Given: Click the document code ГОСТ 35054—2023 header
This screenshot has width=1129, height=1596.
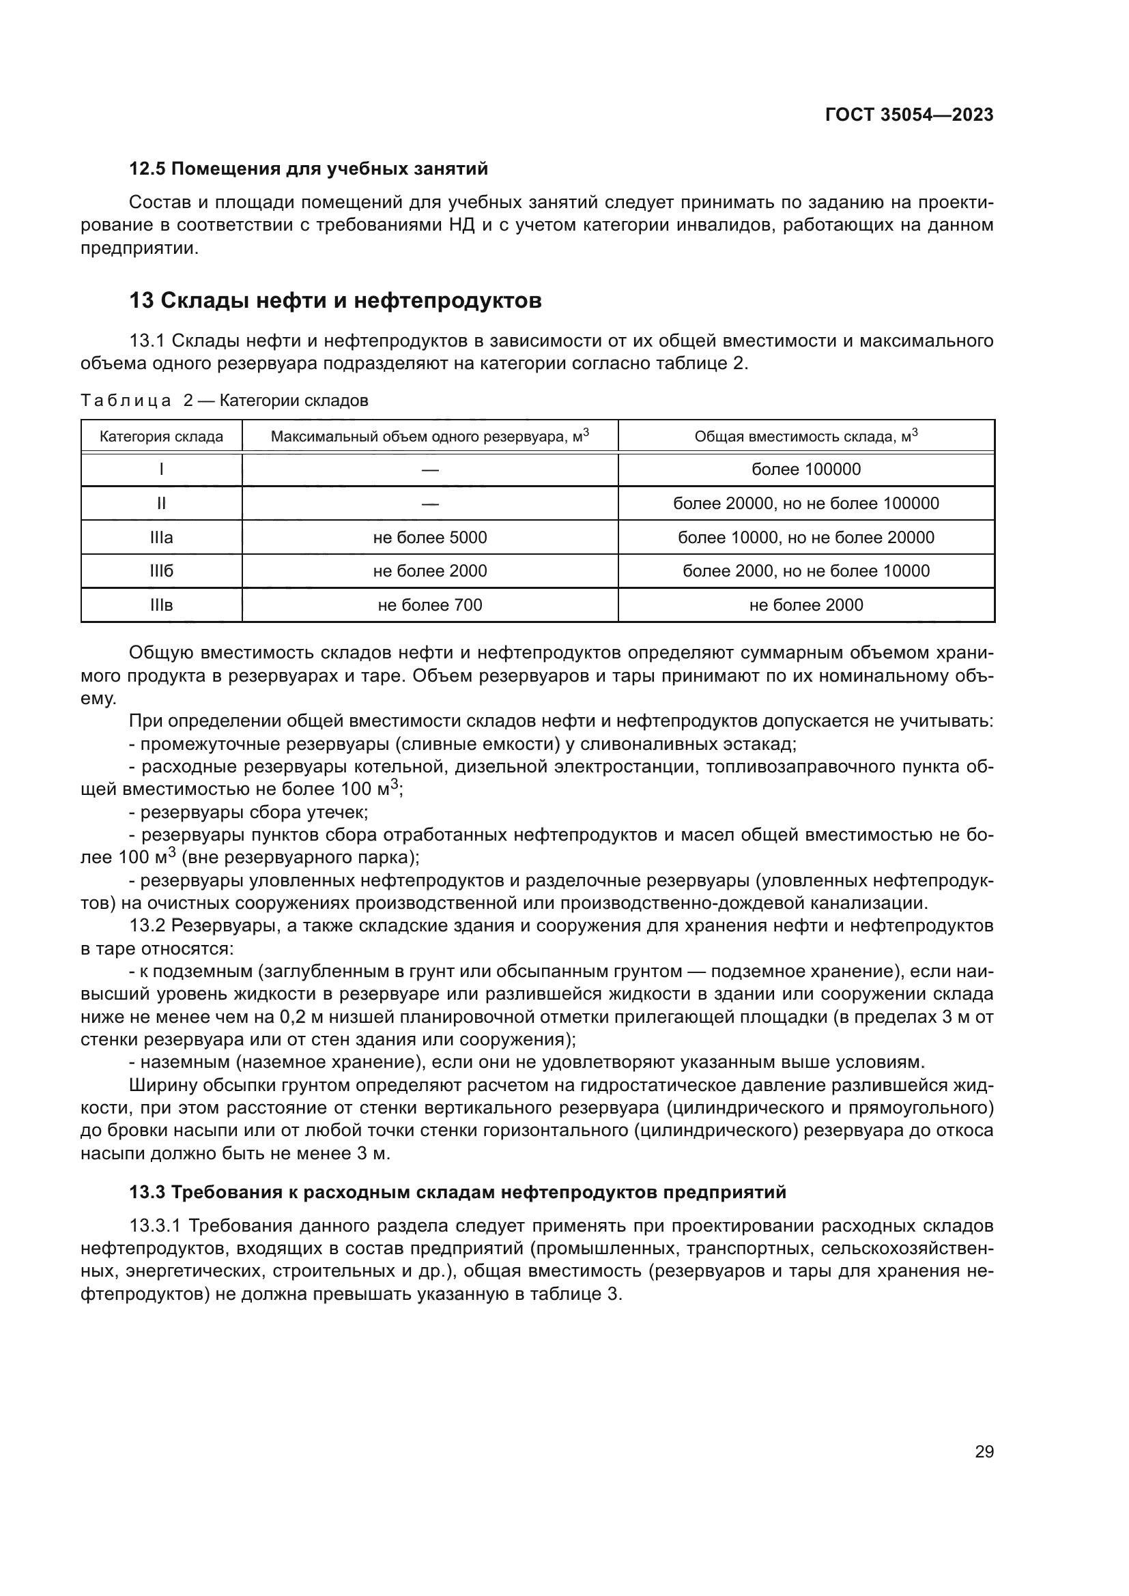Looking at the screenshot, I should click(909, 115).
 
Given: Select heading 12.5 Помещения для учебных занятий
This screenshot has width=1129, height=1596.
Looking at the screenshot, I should click(309, 169).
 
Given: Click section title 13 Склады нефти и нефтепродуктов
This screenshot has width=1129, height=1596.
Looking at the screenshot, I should click(335, 300).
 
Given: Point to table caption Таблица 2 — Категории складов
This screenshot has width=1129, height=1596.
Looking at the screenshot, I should click(225, 401).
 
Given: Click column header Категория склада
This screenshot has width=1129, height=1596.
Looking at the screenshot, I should click(161, 437).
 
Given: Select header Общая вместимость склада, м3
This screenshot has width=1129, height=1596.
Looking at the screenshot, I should click(805, 437).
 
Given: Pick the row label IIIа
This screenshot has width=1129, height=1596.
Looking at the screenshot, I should click(161, 537).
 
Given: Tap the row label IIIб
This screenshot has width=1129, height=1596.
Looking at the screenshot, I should click(161, 570).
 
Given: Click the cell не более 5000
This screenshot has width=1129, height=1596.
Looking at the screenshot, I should click(429, 537).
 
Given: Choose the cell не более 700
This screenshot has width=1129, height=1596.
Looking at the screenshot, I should click(429, 605).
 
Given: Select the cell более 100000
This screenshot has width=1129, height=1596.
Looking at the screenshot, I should click(805, 469).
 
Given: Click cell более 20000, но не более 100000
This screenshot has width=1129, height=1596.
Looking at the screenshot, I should click(805, 504).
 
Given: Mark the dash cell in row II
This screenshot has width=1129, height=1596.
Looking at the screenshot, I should click(429, 504).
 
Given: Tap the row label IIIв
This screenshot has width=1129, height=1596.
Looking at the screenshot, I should click(161, 605).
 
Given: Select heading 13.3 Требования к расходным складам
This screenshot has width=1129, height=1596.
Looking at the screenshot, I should click(457, 1192).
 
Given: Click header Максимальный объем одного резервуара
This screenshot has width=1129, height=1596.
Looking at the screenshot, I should click(429, 437).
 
